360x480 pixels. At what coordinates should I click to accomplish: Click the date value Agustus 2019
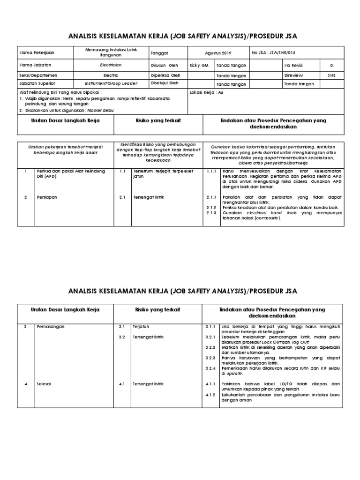[218, 53]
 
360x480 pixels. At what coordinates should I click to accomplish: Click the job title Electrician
[111, 65]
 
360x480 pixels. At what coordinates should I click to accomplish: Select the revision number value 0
[332, 65]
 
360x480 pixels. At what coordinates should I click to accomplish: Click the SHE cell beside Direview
[332, 75]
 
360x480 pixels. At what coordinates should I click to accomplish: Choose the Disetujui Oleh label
[165, 83]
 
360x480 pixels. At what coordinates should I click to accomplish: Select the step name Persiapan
[47, 197]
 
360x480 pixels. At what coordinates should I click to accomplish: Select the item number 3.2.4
[210, 368]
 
